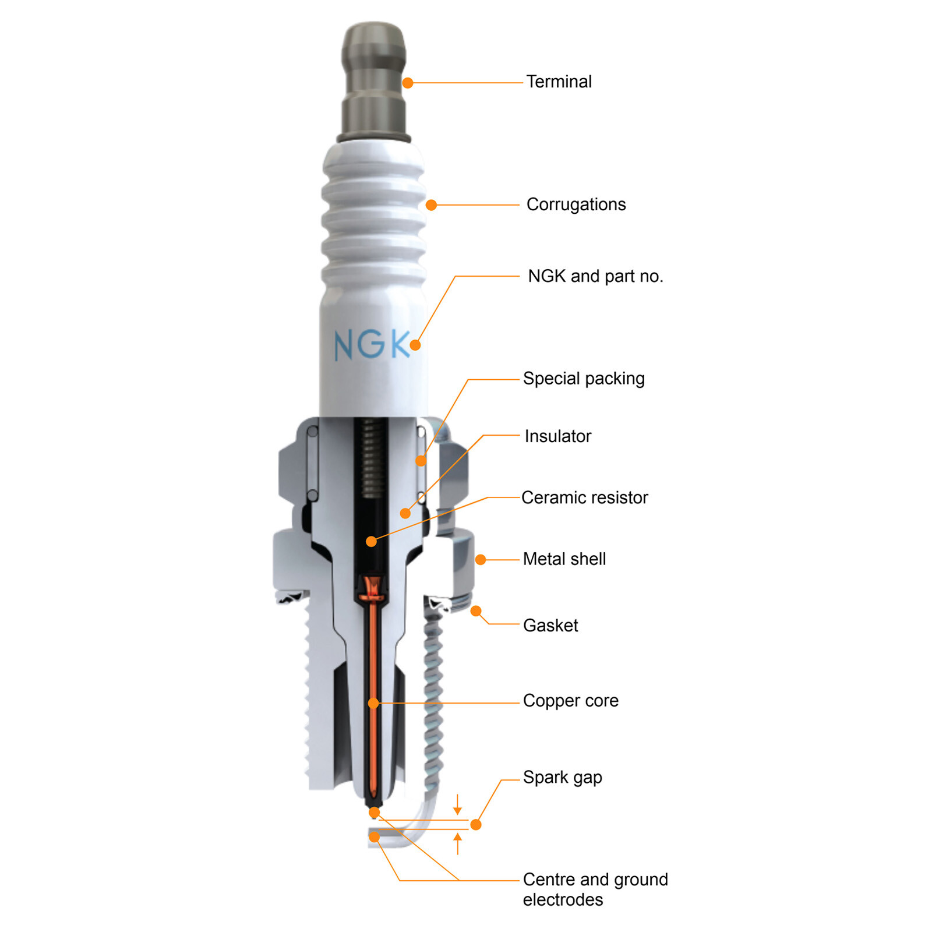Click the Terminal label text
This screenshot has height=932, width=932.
coord(559,82)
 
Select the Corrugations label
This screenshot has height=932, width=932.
coord(576,204)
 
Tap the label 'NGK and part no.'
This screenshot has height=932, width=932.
coord(595,276)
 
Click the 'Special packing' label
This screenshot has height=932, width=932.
coord(584,379)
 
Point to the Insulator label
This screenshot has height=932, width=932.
coord(557,436)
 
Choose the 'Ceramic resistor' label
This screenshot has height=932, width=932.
coord(584,497)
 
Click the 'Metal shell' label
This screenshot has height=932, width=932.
coord(564,559)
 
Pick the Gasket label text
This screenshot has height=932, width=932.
coord(550,626)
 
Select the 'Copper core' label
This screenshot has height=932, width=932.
coord(570,701)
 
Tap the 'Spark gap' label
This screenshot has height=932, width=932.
coord(562,778)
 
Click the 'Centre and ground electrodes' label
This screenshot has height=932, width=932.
coord(595,889)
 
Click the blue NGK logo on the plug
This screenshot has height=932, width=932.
coord(371,344)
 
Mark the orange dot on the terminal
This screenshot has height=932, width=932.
coord(408,83)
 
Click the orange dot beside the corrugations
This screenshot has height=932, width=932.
coord(431,205)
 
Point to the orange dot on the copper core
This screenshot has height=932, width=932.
coord(373,704)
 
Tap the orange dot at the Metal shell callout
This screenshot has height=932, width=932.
coord(481,560)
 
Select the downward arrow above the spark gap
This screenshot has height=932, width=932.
coord(457,805)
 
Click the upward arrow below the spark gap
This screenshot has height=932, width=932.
coord(458,843)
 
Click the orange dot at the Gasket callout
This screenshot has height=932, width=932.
coord(476,611)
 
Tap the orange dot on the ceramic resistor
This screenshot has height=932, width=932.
coord(371,542)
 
